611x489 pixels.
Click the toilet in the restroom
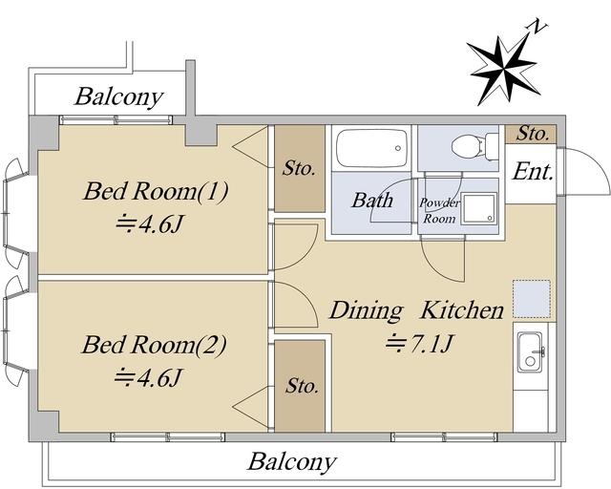click(x=474, y=147)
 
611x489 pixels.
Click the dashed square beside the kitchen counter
click(x=532, y=298)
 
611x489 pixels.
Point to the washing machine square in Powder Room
click(x=479, y=208)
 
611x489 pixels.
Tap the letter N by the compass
click(x=537, y=26)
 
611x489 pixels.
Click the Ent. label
click(x=533, y=172)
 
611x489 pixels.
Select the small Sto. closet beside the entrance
click(x=531, y=135)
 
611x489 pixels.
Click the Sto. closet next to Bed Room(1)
click(x=300, y=168)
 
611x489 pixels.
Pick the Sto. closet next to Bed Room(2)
click(x=300, y=386)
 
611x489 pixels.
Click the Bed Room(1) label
click(x=155, y=191)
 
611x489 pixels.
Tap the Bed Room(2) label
click(x=154, y=346)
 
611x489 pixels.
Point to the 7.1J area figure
click(x=419, y=344)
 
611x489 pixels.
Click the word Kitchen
click(x=462, y=310)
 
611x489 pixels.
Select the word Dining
click(x=366, y=310)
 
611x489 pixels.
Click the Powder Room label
click(x=439, y=210)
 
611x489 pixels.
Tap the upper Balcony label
click(x=118, y=96)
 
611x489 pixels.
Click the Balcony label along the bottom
click(x=292, y=462)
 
